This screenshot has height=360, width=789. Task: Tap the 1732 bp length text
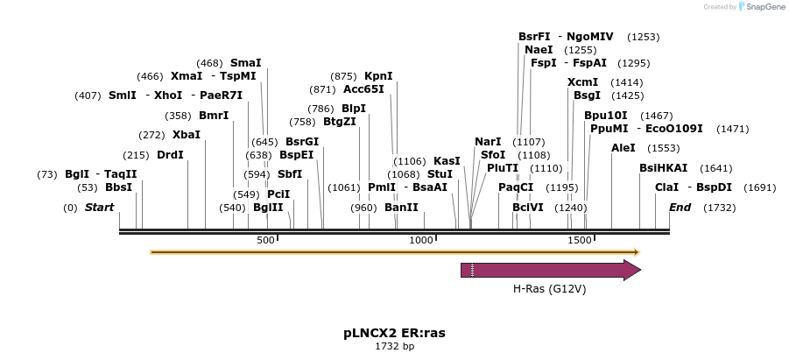point(394,347)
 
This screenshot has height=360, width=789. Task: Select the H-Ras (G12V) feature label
point(549,288)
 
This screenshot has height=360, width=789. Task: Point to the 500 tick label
point(265,240)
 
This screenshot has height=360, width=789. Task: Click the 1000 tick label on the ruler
point(422,240)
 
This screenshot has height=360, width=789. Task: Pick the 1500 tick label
point(578,240)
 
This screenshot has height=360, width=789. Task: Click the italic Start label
point(99,208)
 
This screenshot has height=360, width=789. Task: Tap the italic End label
point(680,208)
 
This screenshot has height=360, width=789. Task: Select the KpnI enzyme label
point(378,76)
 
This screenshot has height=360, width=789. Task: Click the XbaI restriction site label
point(186,135)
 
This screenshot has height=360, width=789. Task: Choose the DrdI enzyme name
point(170,155)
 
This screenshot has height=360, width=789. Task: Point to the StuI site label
point(440,174)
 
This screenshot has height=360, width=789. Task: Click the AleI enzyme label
point(623,148)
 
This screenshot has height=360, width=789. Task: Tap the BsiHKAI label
point(663,168)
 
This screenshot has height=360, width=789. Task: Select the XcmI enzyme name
point(582,82)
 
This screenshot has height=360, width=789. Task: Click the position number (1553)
point(663,149)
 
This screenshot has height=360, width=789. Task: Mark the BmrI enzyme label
point(214,116)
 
